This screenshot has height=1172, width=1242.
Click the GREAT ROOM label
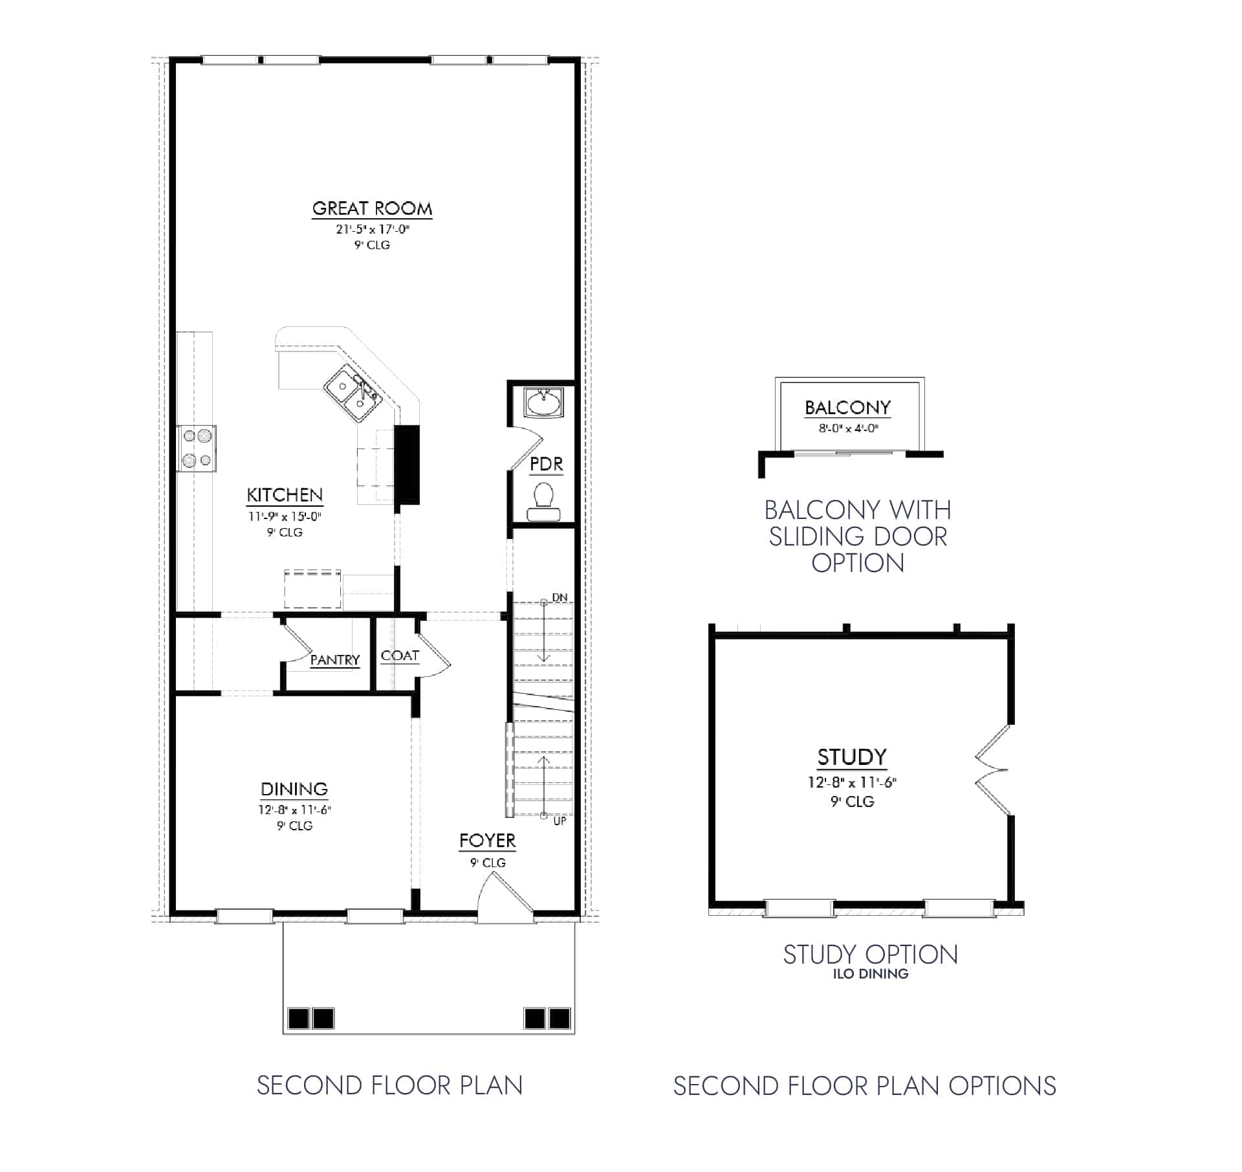tap(372, 208)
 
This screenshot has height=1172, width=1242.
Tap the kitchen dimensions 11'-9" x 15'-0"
tap(285, 516)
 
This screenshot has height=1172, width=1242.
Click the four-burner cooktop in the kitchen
tap(197, 448)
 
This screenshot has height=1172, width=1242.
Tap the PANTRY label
tap(334, 660)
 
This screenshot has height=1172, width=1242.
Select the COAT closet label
tap(400, 656)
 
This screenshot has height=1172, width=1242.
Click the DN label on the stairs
tap(560, 597)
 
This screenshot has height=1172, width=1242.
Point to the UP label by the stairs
tap(560, 821)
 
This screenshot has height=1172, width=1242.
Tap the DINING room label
tap(294, 789)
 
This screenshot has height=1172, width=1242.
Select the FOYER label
tap(487, 841)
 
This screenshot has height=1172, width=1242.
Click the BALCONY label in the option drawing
tap(847, 408)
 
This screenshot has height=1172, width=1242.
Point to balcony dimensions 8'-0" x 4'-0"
tap(848, 428)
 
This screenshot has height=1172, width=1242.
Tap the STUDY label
tap(852, 757)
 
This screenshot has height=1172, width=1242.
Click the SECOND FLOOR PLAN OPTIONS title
tap(864, 1086)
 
